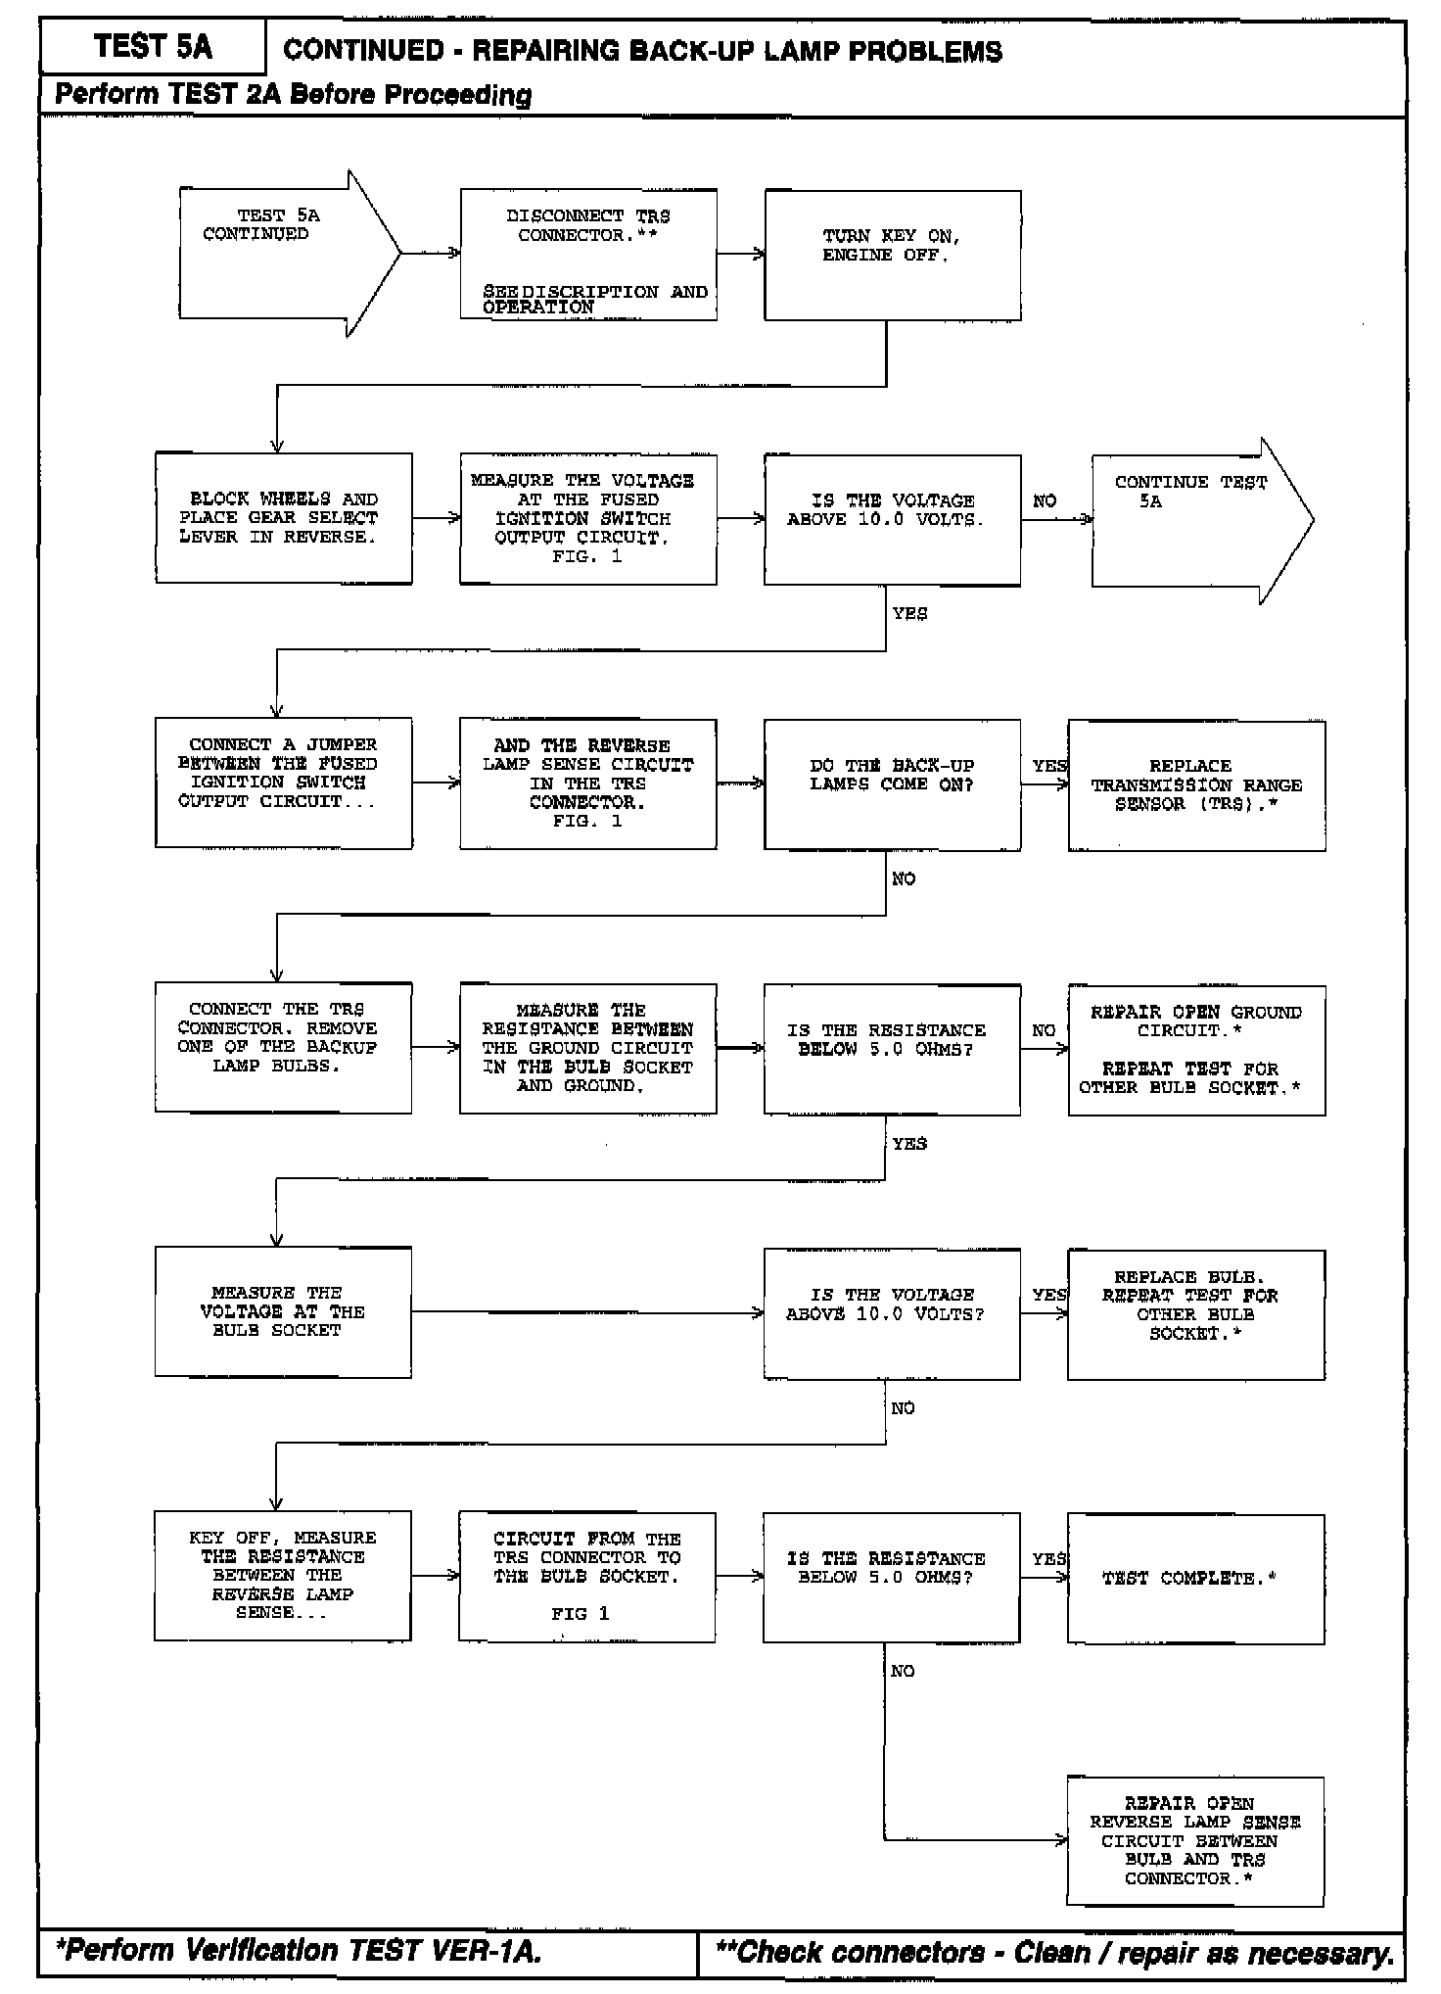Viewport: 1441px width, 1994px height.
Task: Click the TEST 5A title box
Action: pyautogui.click(x=153, y=47)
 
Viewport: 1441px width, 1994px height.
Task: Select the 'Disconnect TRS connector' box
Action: pyautogui.click(x=588, y=255)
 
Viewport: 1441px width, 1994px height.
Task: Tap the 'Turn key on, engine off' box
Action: pyautogui.click(x=892, y=256)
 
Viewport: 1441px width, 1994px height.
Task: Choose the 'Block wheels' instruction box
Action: pyautogui.click(x=283, y=518)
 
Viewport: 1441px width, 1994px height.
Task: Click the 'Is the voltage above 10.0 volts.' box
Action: pyautogui.click(x=892, y=520)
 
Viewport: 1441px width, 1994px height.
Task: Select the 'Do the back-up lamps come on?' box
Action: pyautogui.click(x=892, y=784)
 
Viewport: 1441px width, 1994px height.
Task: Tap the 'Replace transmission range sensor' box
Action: pyautogui.click(x=1196, y=784)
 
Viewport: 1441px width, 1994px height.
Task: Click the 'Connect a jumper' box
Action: pyautogui.click(x=283, y=783)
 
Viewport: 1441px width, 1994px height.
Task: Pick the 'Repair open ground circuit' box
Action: pyautogui.click(x=1196, y=1050)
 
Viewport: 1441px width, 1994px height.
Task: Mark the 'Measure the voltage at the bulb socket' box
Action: pyautogui.click(x=283, y=1312)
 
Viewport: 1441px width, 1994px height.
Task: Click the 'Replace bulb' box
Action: pyautogui.click(x=1196, y=1314)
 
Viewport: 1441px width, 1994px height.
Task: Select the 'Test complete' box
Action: pyautogui.click(x=1195, y=1578)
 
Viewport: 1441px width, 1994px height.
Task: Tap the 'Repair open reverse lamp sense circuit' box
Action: pyautogui.click(x=1195, y=1841)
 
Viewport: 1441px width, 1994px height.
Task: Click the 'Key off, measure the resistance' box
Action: pyautogui.click(x=283, y=1576)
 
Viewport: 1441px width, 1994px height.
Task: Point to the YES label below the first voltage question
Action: pyautogui.click(x=909, y=614)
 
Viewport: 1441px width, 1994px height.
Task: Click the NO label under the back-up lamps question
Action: pyautogui.click(x=904, y=879)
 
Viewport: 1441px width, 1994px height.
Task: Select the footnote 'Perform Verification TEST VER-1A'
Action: pyautogui.click(x=299, y=1951)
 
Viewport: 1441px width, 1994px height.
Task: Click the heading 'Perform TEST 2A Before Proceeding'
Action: pyautogui.click(x=293, y=95)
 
